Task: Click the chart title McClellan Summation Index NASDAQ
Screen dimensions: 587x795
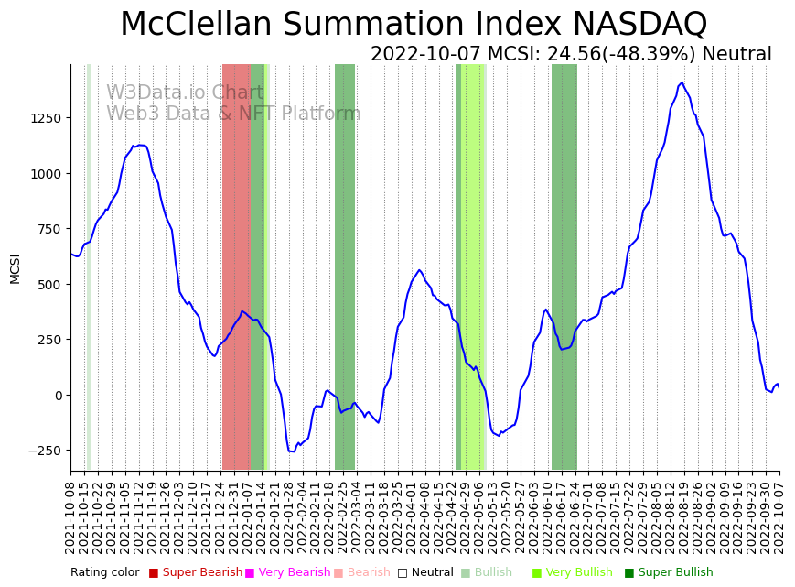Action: point(414,25)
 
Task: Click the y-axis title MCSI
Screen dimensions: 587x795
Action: point(15,268)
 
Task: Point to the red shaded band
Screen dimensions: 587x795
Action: point(235,266)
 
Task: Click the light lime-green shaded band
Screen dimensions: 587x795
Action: point(472,266)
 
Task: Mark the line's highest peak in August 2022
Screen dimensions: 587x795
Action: point(682,82)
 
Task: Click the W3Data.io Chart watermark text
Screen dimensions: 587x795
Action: point(185,92)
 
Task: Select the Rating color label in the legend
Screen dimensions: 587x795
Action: point(104,572)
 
